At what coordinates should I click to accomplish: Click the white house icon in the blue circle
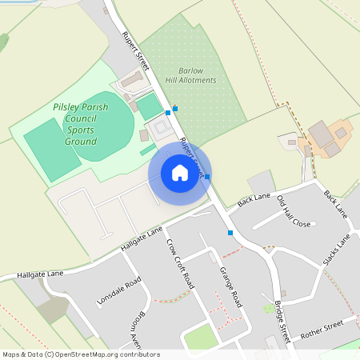[180, 173]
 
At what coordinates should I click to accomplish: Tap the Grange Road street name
[230, 286]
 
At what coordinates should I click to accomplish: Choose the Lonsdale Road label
[118, 294]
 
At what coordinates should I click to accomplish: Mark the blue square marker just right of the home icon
[207, 176]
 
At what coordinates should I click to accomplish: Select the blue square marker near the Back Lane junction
[230, 233]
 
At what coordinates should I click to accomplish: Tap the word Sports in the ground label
[80, 129]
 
